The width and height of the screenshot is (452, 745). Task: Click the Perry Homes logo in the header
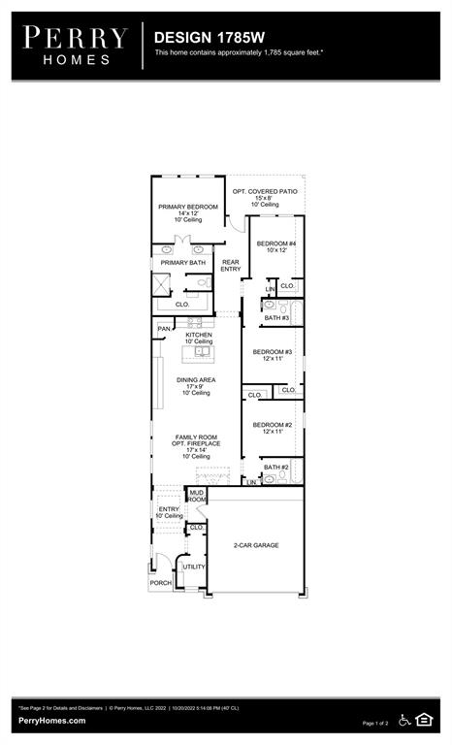point(76,46)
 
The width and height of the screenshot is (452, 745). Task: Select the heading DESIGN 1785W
point(198,37)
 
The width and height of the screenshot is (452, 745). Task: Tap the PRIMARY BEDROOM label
point(188,207)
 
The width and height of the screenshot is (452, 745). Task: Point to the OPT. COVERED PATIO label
point(265,191)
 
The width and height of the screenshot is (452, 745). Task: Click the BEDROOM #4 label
point(274,243)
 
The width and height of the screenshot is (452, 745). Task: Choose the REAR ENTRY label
point(231,265)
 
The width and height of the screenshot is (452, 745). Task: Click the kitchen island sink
point(199,350)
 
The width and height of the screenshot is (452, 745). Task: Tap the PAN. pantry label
point(164,329)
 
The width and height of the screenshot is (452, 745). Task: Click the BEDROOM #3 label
point(273,352)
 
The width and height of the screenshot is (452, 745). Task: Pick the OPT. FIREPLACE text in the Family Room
point(196,443)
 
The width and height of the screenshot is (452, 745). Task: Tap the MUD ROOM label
point(197,497)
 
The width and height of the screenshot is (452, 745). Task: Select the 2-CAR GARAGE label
point(256,545)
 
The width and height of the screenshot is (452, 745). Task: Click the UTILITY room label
point(194,567)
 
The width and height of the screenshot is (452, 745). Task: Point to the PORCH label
point(160,583)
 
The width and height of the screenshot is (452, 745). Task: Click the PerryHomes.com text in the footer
point(51,721)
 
